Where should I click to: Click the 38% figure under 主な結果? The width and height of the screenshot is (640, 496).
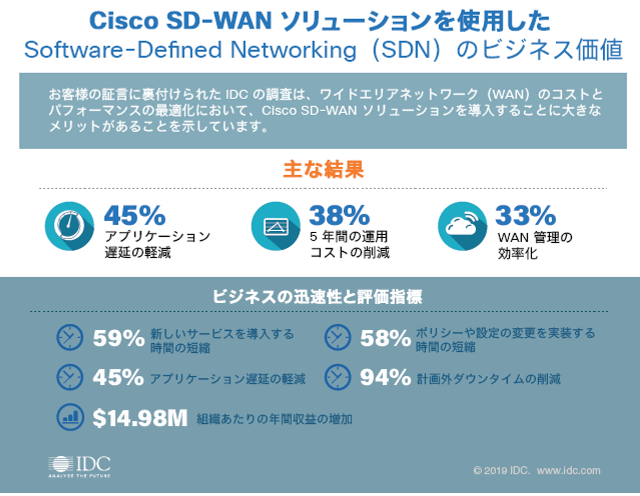[x=339, y=215]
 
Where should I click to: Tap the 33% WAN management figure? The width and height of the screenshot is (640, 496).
[x=526, y=215]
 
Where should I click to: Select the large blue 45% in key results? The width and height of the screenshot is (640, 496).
[x=135, y=215]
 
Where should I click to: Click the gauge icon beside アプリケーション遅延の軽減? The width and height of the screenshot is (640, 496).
[x=69, y=226]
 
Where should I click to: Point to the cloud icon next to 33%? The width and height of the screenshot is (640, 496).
[x=462, y=226]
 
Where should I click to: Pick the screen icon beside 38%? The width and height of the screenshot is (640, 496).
[x=276, y=226]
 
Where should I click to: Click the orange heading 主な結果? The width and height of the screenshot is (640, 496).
[x=323, y=169]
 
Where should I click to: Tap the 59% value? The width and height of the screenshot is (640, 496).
[x=118, y=339]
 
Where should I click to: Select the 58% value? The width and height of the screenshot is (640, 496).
[x=385, y=339]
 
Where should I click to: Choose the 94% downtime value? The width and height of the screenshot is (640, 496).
[x=385, y=377]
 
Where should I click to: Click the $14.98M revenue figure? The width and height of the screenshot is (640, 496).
[x=140, y=418]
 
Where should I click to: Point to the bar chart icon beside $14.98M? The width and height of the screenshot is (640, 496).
[x=70, y=417]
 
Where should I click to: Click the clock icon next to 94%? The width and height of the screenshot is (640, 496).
[x=337, y=377]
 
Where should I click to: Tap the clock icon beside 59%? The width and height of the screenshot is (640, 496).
[x=70, y=337]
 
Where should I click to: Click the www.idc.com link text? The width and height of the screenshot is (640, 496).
[x=569, y=471]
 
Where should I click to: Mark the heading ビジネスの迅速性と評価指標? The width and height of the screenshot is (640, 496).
[x=318, y=297]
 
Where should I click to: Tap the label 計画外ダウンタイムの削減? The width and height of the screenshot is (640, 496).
[x=489, y=379]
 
